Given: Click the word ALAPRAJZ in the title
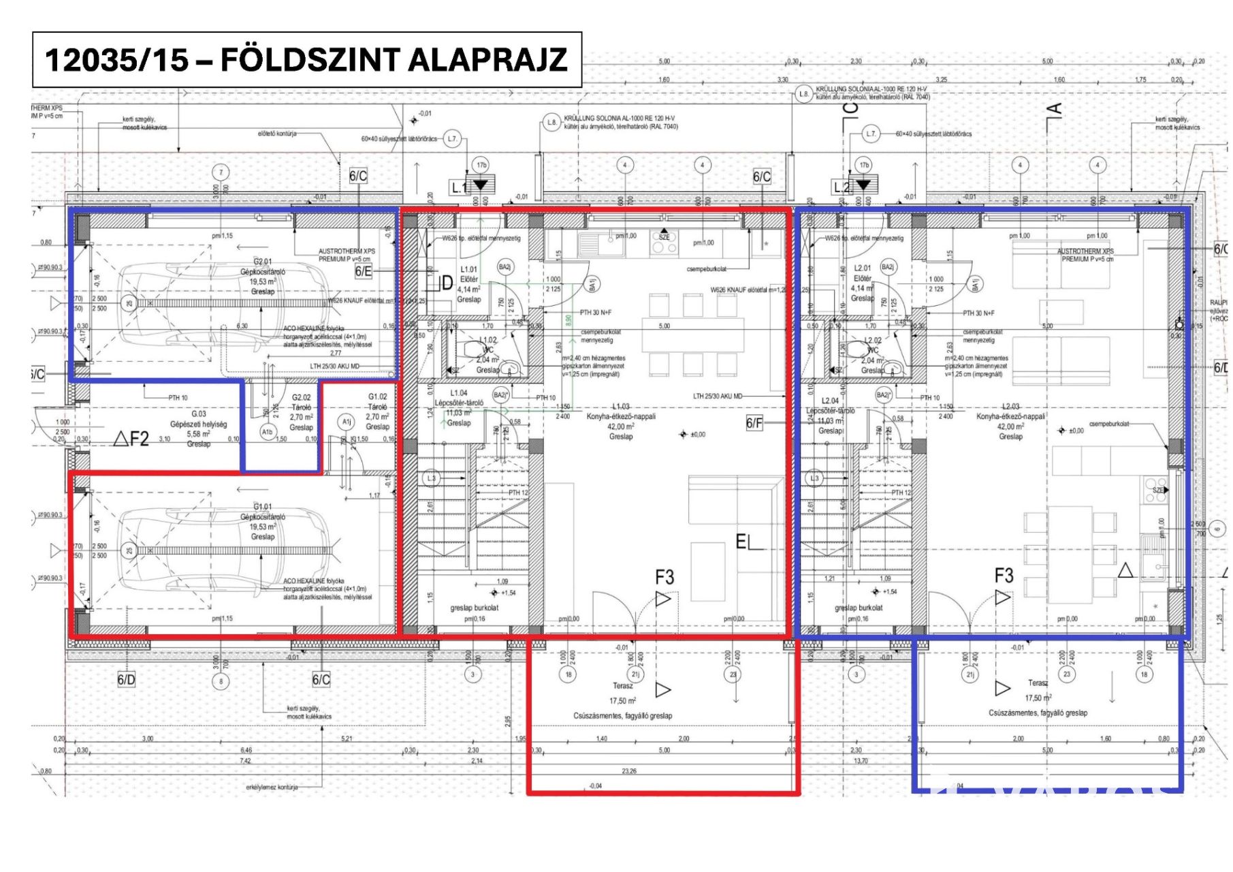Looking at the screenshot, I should click(487, 60).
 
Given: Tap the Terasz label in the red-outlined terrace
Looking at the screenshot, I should click(622, 686).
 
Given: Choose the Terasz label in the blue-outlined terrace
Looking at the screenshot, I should click(1038, 683).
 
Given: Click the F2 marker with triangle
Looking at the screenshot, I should click(131, 438).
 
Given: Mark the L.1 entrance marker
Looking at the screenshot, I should click(470, 186).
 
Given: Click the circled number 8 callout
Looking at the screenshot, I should click(220, 681).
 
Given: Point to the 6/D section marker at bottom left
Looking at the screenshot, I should click(126, 680).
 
